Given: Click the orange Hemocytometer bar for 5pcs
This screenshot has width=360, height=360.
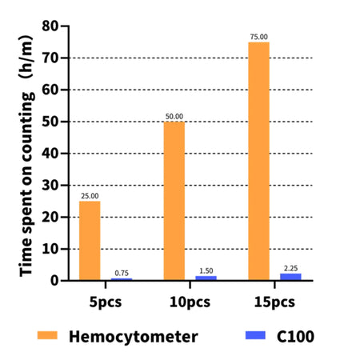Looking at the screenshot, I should (90, 240).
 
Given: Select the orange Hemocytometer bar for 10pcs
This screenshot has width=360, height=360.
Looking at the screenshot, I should (174, 200).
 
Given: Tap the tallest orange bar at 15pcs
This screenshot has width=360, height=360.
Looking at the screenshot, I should (258, 161).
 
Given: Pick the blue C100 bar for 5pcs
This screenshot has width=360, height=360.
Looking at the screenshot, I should (122, 278).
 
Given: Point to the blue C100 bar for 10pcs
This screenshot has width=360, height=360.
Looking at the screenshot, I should (206, 278).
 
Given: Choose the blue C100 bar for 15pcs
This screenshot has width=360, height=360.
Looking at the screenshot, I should (290, 276).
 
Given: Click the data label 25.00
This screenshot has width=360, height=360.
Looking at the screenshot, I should (90, 196).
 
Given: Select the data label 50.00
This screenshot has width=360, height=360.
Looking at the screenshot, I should (174, 117).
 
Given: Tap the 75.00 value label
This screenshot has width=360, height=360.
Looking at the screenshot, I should (258, 37).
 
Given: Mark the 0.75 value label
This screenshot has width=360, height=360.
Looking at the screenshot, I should (122, 272).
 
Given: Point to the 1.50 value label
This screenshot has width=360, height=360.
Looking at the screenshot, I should (206, 270).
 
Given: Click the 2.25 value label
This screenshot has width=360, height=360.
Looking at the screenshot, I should (290, 268).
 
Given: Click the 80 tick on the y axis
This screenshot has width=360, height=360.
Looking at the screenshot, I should (51, 26).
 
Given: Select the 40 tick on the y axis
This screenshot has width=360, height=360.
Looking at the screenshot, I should (51, 153).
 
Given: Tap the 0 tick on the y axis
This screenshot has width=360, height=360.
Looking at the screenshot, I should (55, 280).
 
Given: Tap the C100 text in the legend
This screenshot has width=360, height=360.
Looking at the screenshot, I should (292, 337).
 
